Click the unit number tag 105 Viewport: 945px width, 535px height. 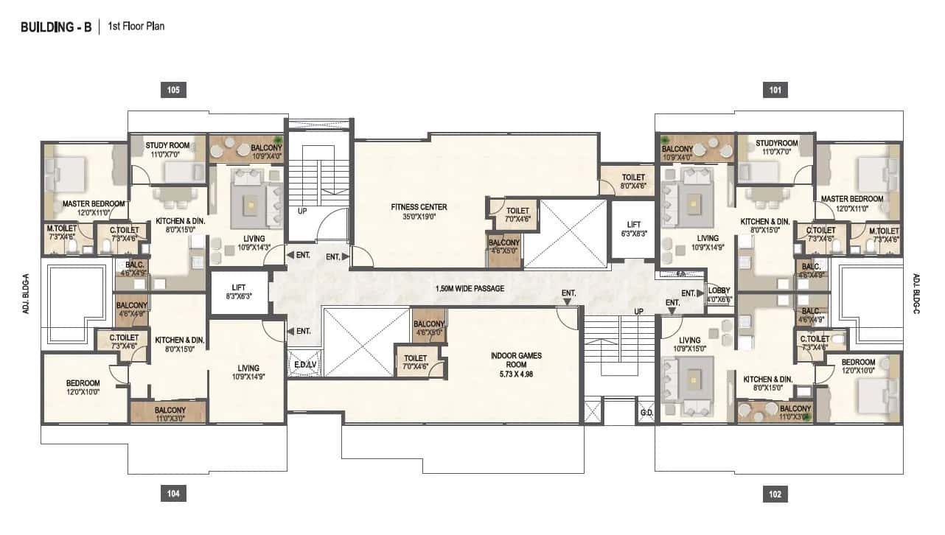coord(173,90)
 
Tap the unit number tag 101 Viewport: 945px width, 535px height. coord(775,90)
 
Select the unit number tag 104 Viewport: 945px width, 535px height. coord(173,494)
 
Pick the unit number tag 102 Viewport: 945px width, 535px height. coord(775,494)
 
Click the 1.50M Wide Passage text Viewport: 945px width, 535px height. coord(470,288)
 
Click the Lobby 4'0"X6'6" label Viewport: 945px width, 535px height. coord(718,295)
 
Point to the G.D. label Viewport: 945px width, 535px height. coord(646,413)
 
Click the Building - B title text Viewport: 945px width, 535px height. coord(56,27)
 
